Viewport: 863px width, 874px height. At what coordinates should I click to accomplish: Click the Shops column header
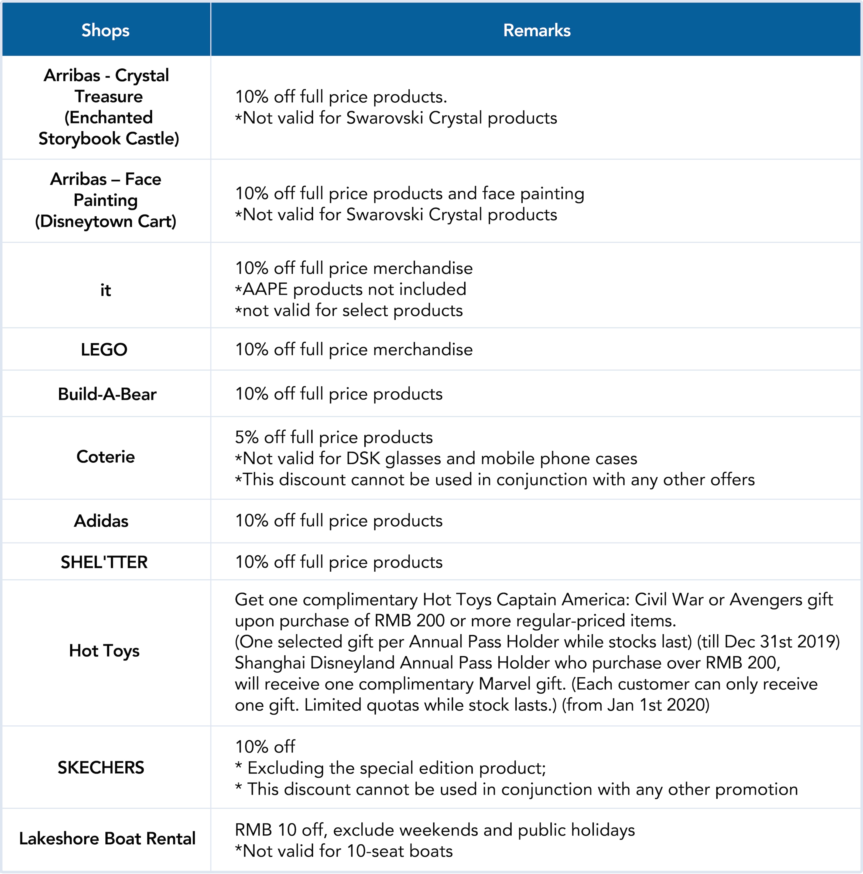(x=105, y=30)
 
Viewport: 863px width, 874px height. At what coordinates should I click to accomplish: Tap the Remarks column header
(x=537, y=30)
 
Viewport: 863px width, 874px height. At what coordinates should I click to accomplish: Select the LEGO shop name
(x=104, y=350)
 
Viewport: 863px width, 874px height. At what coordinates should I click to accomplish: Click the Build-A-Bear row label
(x=107, y=394)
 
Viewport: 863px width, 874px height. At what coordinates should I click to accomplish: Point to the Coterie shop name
(x=105, y=457)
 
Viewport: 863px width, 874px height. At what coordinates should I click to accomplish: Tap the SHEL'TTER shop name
(x=104, y=562)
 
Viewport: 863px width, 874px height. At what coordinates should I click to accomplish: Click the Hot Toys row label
(x=104, y=651)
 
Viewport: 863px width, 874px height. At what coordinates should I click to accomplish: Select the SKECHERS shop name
(x=101, y=768)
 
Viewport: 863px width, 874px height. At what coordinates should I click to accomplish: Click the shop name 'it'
(x=105, y=290)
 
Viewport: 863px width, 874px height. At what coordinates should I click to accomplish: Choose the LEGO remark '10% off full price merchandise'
(x=354, y=350)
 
